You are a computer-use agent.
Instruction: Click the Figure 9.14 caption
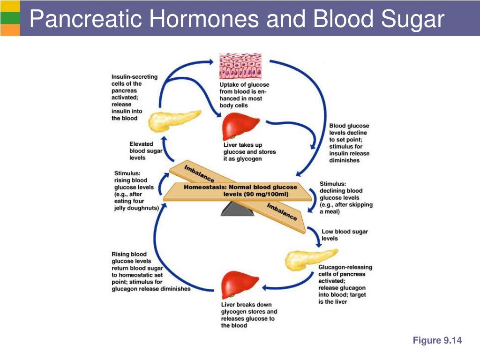(437, 341)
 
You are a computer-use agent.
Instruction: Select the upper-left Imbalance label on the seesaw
(199, 174)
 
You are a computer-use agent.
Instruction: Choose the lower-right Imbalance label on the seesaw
(282, 212)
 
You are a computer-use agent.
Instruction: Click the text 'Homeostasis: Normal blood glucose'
(240, 187)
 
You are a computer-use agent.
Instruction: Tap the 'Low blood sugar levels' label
(338, 235)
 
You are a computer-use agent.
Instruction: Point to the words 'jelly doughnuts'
(136, 208)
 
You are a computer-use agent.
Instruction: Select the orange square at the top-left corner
(10, 30)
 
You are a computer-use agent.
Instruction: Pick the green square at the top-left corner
(10, 17)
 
